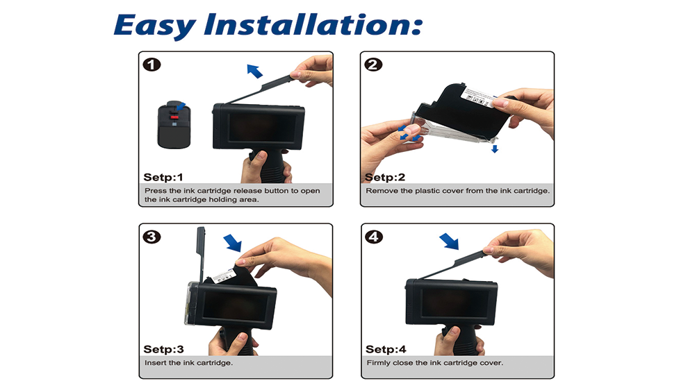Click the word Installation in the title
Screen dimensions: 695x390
313,24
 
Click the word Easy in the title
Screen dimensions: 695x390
155,26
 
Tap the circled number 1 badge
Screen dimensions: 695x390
152,65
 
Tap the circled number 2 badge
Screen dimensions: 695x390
373,65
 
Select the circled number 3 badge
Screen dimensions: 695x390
152,237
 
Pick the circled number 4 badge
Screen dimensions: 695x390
374,237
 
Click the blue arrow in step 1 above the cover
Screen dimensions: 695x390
254,71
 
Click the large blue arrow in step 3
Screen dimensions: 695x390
233,243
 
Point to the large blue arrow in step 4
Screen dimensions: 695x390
449,241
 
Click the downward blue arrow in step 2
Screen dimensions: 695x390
495,149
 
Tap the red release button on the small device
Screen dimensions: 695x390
174,117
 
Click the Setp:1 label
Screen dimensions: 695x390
163,178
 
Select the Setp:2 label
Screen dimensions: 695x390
385,178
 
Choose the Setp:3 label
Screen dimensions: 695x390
163,349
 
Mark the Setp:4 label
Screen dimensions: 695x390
386,349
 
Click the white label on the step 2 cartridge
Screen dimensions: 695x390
479,98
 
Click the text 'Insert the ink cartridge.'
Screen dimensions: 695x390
188,363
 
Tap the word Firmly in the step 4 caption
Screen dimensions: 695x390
379,363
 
